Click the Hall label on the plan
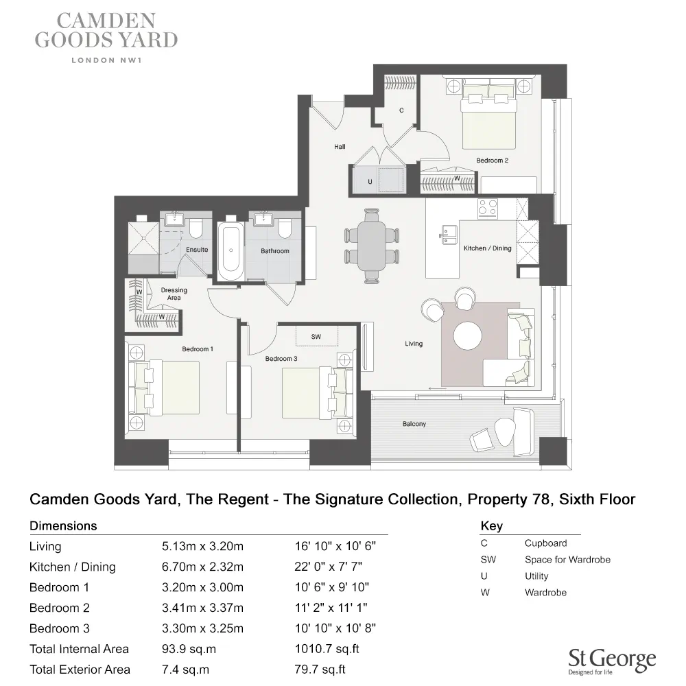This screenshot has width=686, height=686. [x=340, y=146]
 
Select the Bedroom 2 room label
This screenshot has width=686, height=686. [x=492, y=161]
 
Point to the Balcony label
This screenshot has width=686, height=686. [x=414, y=424]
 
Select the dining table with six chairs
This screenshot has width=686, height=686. [x=372, y=244]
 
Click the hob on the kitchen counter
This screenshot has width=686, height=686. [x=488, y=208]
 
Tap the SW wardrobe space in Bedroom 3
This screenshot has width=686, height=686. [x=316, y=337]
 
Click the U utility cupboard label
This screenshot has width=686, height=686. [x=370, y=182]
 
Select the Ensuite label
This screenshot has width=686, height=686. [x=197, y=250]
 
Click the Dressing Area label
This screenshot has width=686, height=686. [x=174, y=294]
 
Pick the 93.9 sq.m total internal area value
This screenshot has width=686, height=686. [x=185, y=649]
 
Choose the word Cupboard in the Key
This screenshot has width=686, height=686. [x=546, y=543]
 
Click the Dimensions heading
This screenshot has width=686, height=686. [x=63, y=526]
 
